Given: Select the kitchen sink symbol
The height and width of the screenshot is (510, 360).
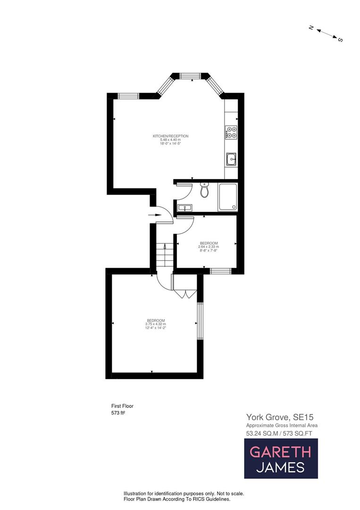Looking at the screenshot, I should (231, 160).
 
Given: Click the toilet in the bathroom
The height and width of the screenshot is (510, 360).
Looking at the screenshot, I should (204, 190).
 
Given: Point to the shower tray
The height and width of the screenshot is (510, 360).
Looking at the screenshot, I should (227, 196).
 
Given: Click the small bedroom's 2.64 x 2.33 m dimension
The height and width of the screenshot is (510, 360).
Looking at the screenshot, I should (208, 246).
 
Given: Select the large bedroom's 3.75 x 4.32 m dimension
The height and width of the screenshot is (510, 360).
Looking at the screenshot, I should (156, 324).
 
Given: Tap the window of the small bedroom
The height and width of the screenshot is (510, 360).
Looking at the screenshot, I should (220, 271).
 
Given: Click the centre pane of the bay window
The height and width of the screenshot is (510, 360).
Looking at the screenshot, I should (191, 76).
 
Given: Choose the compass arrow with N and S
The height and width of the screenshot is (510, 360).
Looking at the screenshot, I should (326, 34).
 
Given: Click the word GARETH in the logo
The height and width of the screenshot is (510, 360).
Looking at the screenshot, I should (280, 452).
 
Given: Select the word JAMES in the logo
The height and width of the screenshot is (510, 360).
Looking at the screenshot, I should (280, 467).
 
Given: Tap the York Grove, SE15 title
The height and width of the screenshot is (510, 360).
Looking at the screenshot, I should (280, 417).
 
